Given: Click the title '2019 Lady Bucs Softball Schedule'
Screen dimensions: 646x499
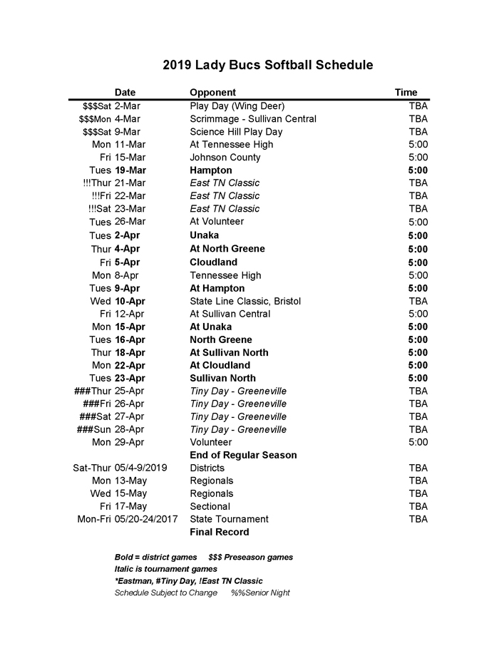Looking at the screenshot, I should pyautogui.click(x=267, y=66).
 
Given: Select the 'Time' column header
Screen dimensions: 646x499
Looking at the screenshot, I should pyautogui.click(x=406, y=92).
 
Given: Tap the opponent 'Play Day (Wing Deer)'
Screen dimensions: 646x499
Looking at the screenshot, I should pyautogui.click(x=237, y=106).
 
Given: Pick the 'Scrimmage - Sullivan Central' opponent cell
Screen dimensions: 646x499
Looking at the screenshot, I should pyautogui.click(x=253, y=118).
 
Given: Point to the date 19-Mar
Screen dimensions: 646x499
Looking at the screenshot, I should pyautogui.click(x=130, y=170).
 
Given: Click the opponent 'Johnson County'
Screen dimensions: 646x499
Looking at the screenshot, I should pyautogui.click(x=225, y=157).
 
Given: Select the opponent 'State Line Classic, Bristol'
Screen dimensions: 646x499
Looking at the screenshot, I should pyautogui.click(x=245, y=301).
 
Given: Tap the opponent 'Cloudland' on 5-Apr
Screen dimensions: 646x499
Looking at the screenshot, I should pyautogui.click(x=213, y=262).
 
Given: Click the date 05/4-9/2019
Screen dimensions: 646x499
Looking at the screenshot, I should pyautogui.click(x=140, y=468).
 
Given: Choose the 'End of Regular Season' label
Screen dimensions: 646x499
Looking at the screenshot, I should pyautogui.click(x=243, y=455).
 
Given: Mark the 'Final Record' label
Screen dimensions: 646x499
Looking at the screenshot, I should pyautogui.click(x=220, y=532).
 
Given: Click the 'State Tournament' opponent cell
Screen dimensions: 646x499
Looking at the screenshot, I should pyautogui.click(x=229, y=519).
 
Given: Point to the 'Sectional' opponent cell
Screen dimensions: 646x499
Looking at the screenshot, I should pyautogui.click(x=210, y=506).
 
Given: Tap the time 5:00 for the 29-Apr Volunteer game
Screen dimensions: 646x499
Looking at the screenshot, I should pyautogui.click(x=418, y=442).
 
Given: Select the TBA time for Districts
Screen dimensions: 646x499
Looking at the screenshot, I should pyautogui.click(x=418, y=468).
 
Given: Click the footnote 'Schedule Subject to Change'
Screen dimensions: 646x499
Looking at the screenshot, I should pyautogui.click(x=166, y=593).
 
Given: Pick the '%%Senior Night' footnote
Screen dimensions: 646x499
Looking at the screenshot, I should pyautogui.click(x=260, y=593).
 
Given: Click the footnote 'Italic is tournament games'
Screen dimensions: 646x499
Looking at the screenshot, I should pyautogui.click(x=165, y=569).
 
